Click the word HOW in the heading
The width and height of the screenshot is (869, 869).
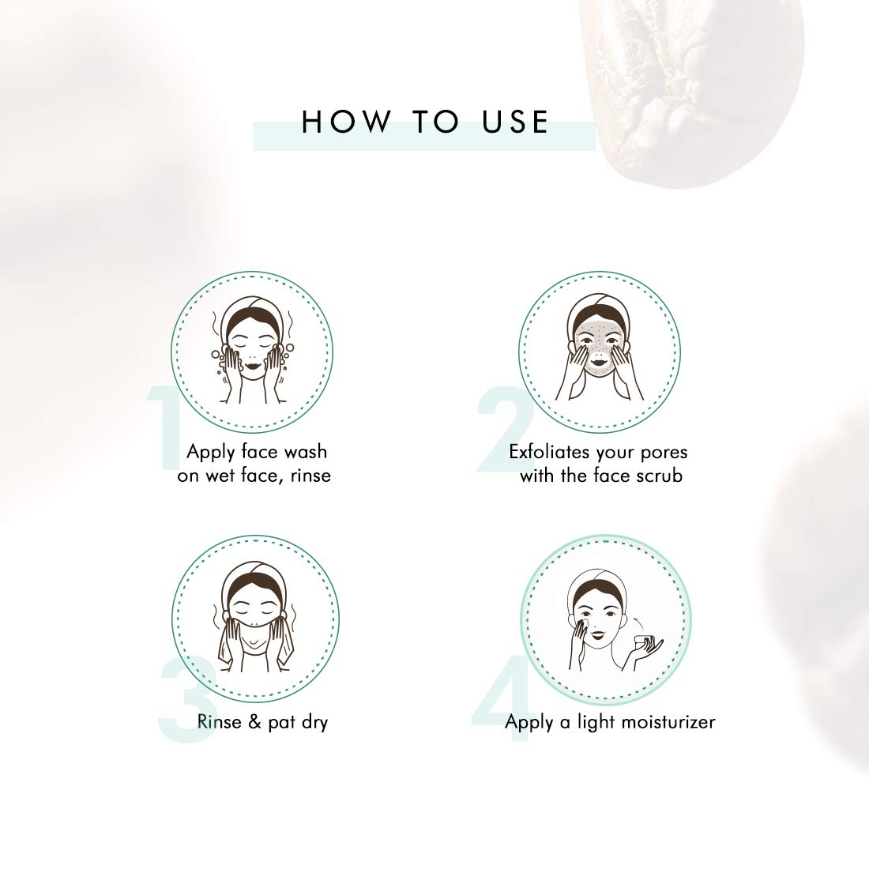(x=346, y=122)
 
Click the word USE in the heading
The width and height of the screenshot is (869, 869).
(x=515, y=122)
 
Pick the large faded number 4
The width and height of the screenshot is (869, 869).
(x=502, y=698)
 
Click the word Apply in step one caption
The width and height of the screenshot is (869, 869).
(x=211, y=453)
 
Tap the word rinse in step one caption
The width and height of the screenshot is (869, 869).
(x=310, y=476)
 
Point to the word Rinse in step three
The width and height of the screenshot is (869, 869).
(x=220, y=721)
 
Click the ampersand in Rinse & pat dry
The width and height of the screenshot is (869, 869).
(x=254, y=721)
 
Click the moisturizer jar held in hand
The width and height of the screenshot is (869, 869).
(x=645, y=643)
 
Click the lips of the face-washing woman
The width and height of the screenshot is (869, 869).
(x=252, y=365)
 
